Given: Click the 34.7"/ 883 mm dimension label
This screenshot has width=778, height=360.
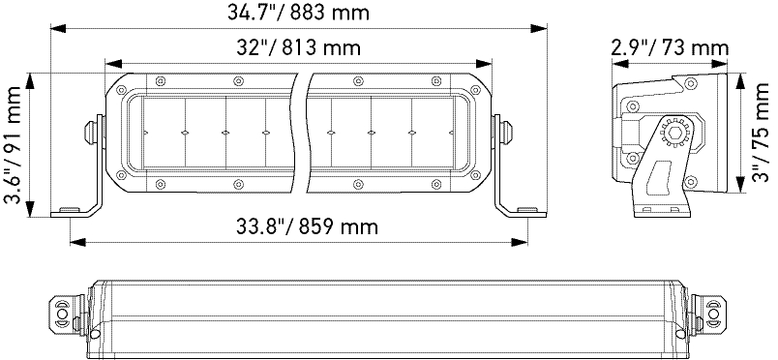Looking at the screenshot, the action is pos(298,13).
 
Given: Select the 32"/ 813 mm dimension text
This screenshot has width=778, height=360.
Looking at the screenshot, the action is pos(298,48).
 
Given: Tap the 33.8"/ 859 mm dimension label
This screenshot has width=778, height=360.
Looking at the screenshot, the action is pos(307,226).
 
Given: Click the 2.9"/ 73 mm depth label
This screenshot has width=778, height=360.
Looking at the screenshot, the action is pos(670,48).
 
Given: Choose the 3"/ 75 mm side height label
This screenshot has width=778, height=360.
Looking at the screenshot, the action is pos(760,133).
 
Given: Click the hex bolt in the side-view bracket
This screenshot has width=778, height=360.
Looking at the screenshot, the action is pos(674,134).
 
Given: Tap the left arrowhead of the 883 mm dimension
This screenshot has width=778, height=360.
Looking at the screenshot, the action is pos(58,28).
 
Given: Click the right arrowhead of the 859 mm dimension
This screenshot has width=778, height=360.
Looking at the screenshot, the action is pos(520,242).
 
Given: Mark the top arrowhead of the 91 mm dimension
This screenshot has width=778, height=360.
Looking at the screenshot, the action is pos(30,81).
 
